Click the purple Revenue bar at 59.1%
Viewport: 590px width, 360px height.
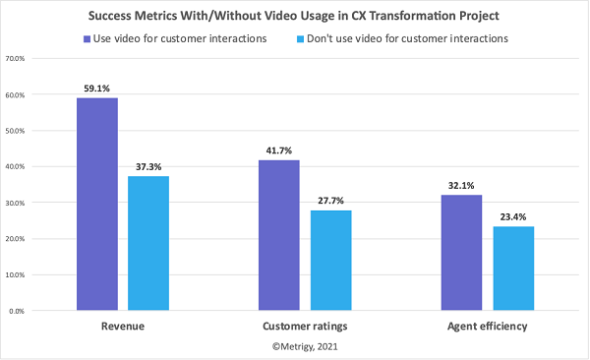tap(97, 204)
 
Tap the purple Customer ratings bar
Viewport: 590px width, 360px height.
tap(279, 235)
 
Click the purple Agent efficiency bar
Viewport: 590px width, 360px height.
tap(462, 253)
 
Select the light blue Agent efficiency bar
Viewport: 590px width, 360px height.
tap(513, 269)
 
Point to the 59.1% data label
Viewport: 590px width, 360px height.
tap(97, 88)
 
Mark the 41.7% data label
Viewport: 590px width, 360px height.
tap(279, 150)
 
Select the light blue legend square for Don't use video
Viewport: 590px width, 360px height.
tap(322, 38)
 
